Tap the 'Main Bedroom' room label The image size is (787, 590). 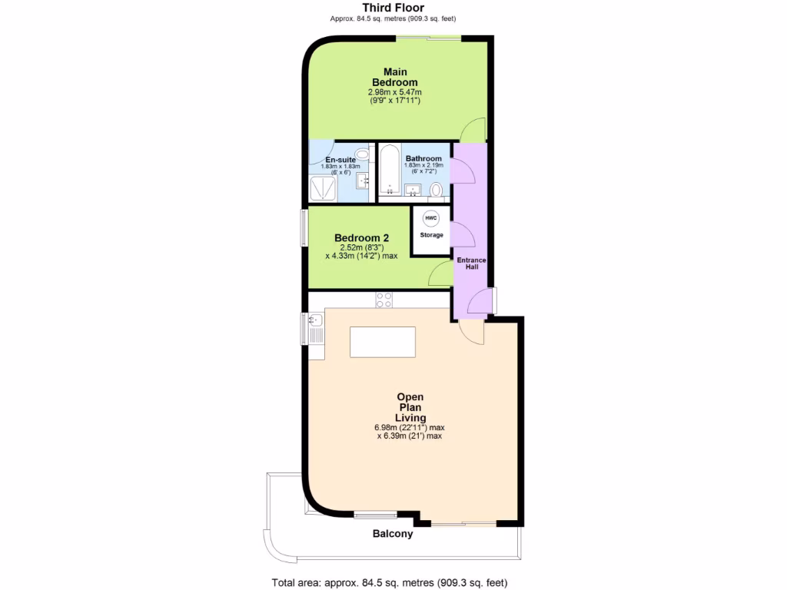click(394, 77)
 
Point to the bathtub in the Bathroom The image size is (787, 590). click(389, 171)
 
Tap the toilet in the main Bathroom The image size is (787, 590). click(437, 189)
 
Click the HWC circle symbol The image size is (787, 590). click(431, 218)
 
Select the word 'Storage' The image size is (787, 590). click(431, 235)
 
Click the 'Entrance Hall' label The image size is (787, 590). click(471, 264)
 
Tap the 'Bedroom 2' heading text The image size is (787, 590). click(361, 238)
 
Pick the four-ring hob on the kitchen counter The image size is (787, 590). click(384, 300)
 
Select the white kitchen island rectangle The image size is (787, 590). click(383, 341)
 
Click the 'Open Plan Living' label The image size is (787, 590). click(410, 407)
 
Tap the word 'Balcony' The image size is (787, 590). click(393, 534)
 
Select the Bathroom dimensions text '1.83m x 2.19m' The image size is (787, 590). click(424, 165)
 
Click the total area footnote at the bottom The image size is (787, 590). click(390, 582)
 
